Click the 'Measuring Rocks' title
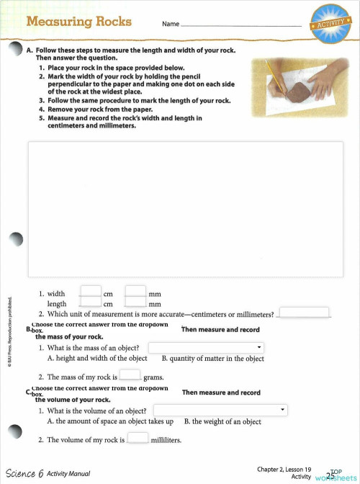point(80,22)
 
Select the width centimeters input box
point(90,292)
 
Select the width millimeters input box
point(135,292)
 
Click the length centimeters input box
point(90,303)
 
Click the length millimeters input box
point(135,303)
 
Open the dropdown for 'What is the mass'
point(206,348)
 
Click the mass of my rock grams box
point(130,375)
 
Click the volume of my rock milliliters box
point(138,437)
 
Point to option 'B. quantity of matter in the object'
point(212,358)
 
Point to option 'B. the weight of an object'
point(222,421)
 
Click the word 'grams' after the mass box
point(153,377)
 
